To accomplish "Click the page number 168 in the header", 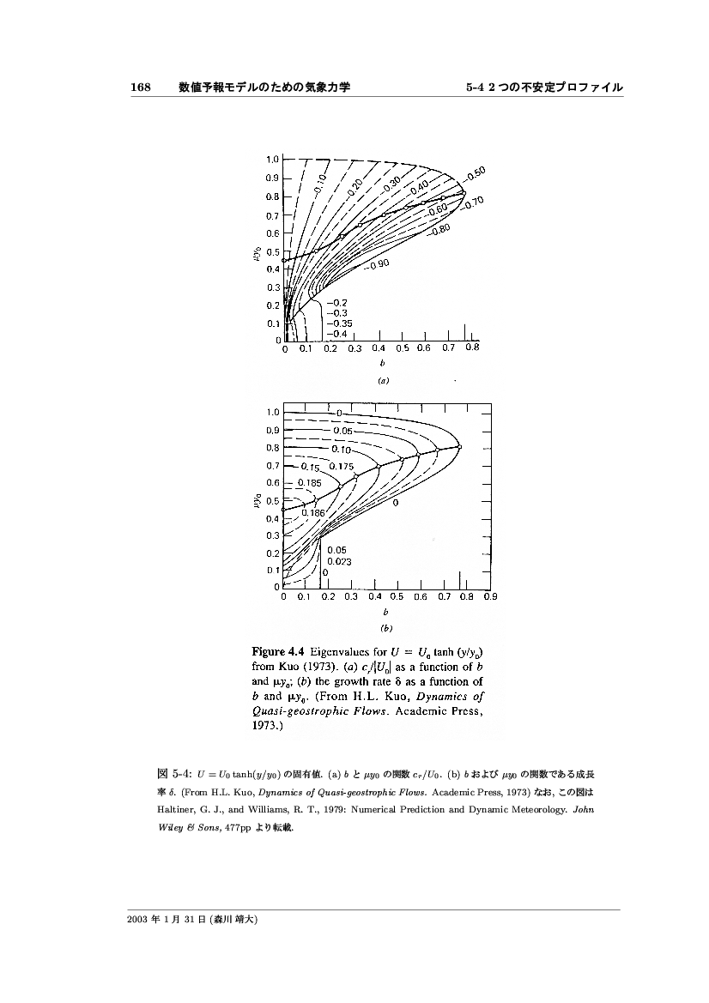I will pyautogui.click(x=140, y=88).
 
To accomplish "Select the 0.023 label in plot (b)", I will pyautogui.click(x=339, y=561).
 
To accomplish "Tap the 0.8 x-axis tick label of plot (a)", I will pyautogui.click(x=471, y=348).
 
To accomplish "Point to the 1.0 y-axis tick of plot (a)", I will pyautogui.click(x=272, y=160).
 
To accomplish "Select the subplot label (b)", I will pyautogui.click(x=386, y=627).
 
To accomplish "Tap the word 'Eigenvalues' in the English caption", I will pyautogui.click(x=343, y=650).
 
